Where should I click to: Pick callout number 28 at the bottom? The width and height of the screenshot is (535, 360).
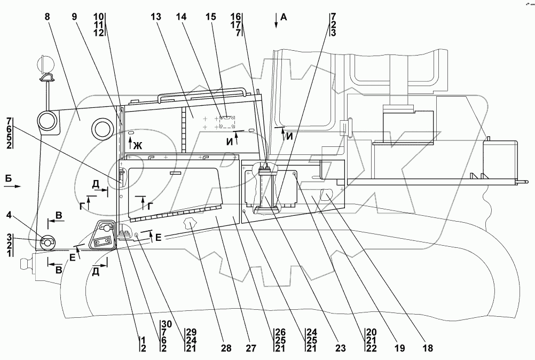tap(227, 348)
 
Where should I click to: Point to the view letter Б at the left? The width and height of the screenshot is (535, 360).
tap(8, 178)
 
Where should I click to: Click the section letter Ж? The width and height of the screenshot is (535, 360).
tap(138, 145)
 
